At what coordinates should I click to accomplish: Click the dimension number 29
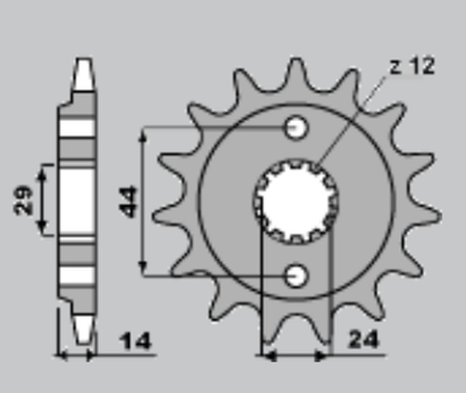(x=24, y=200)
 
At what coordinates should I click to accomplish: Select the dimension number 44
(x=129, y=201)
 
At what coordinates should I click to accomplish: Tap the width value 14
(x=136, y=341)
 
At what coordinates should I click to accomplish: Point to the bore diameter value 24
(x=364, y=339)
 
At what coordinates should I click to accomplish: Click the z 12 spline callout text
(x=412, y=66)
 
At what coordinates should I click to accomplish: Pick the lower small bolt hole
(x=296, y=276)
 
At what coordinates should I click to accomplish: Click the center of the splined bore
(x=296, y=201)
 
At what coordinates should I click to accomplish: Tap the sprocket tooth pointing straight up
(x=296, y=74)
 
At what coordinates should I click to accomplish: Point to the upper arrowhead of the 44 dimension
(x=143, y=134)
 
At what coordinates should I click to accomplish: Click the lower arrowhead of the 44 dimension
(x=143, y=269)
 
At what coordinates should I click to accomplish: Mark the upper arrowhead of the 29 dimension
(x=43, y=169)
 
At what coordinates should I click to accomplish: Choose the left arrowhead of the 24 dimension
(x=268, y=355)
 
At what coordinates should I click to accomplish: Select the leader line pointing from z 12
(x=351, y=120)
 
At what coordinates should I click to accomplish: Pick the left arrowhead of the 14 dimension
(x=62, y=355)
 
